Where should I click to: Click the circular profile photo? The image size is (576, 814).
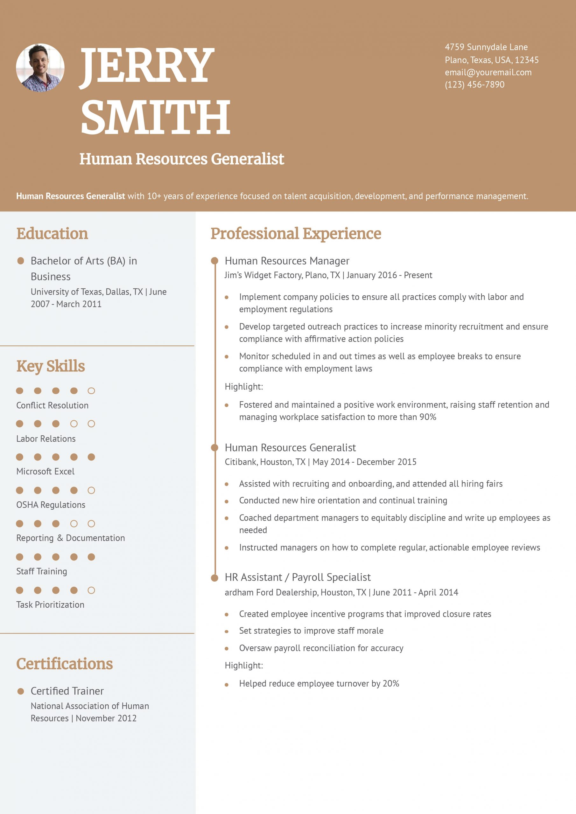pos(40,68)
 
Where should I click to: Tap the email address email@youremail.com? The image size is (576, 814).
pos(488,72)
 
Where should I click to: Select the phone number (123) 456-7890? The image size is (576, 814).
pos(474,85)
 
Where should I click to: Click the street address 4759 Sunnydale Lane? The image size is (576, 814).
pos(486,47)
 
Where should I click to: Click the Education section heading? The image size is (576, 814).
pos(52,234)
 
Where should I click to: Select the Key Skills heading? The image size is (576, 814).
pos(50,366)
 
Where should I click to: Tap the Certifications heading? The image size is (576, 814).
pos(64,664)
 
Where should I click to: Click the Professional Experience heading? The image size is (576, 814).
pos(296,234)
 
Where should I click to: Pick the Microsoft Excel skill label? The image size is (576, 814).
pos(46,472)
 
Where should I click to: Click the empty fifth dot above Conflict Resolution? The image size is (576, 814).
pos(91,391)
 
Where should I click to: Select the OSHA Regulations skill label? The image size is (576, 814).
pos(51,505)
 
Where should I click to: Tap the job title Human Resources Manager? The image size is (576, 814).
pos(287,261)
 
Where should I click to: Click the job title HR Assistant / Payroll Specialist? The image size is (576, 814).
pos(298,577)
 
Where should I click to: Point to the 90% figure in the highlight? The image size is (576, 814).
pos(428,417)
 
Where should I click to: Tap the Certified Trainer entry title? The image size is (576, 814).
pos(67,691)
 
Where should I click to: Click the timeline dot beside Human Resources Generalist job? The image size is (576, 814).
pos(214,448)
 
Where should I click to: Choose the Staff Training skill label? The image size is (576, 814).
pos(41,571)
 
